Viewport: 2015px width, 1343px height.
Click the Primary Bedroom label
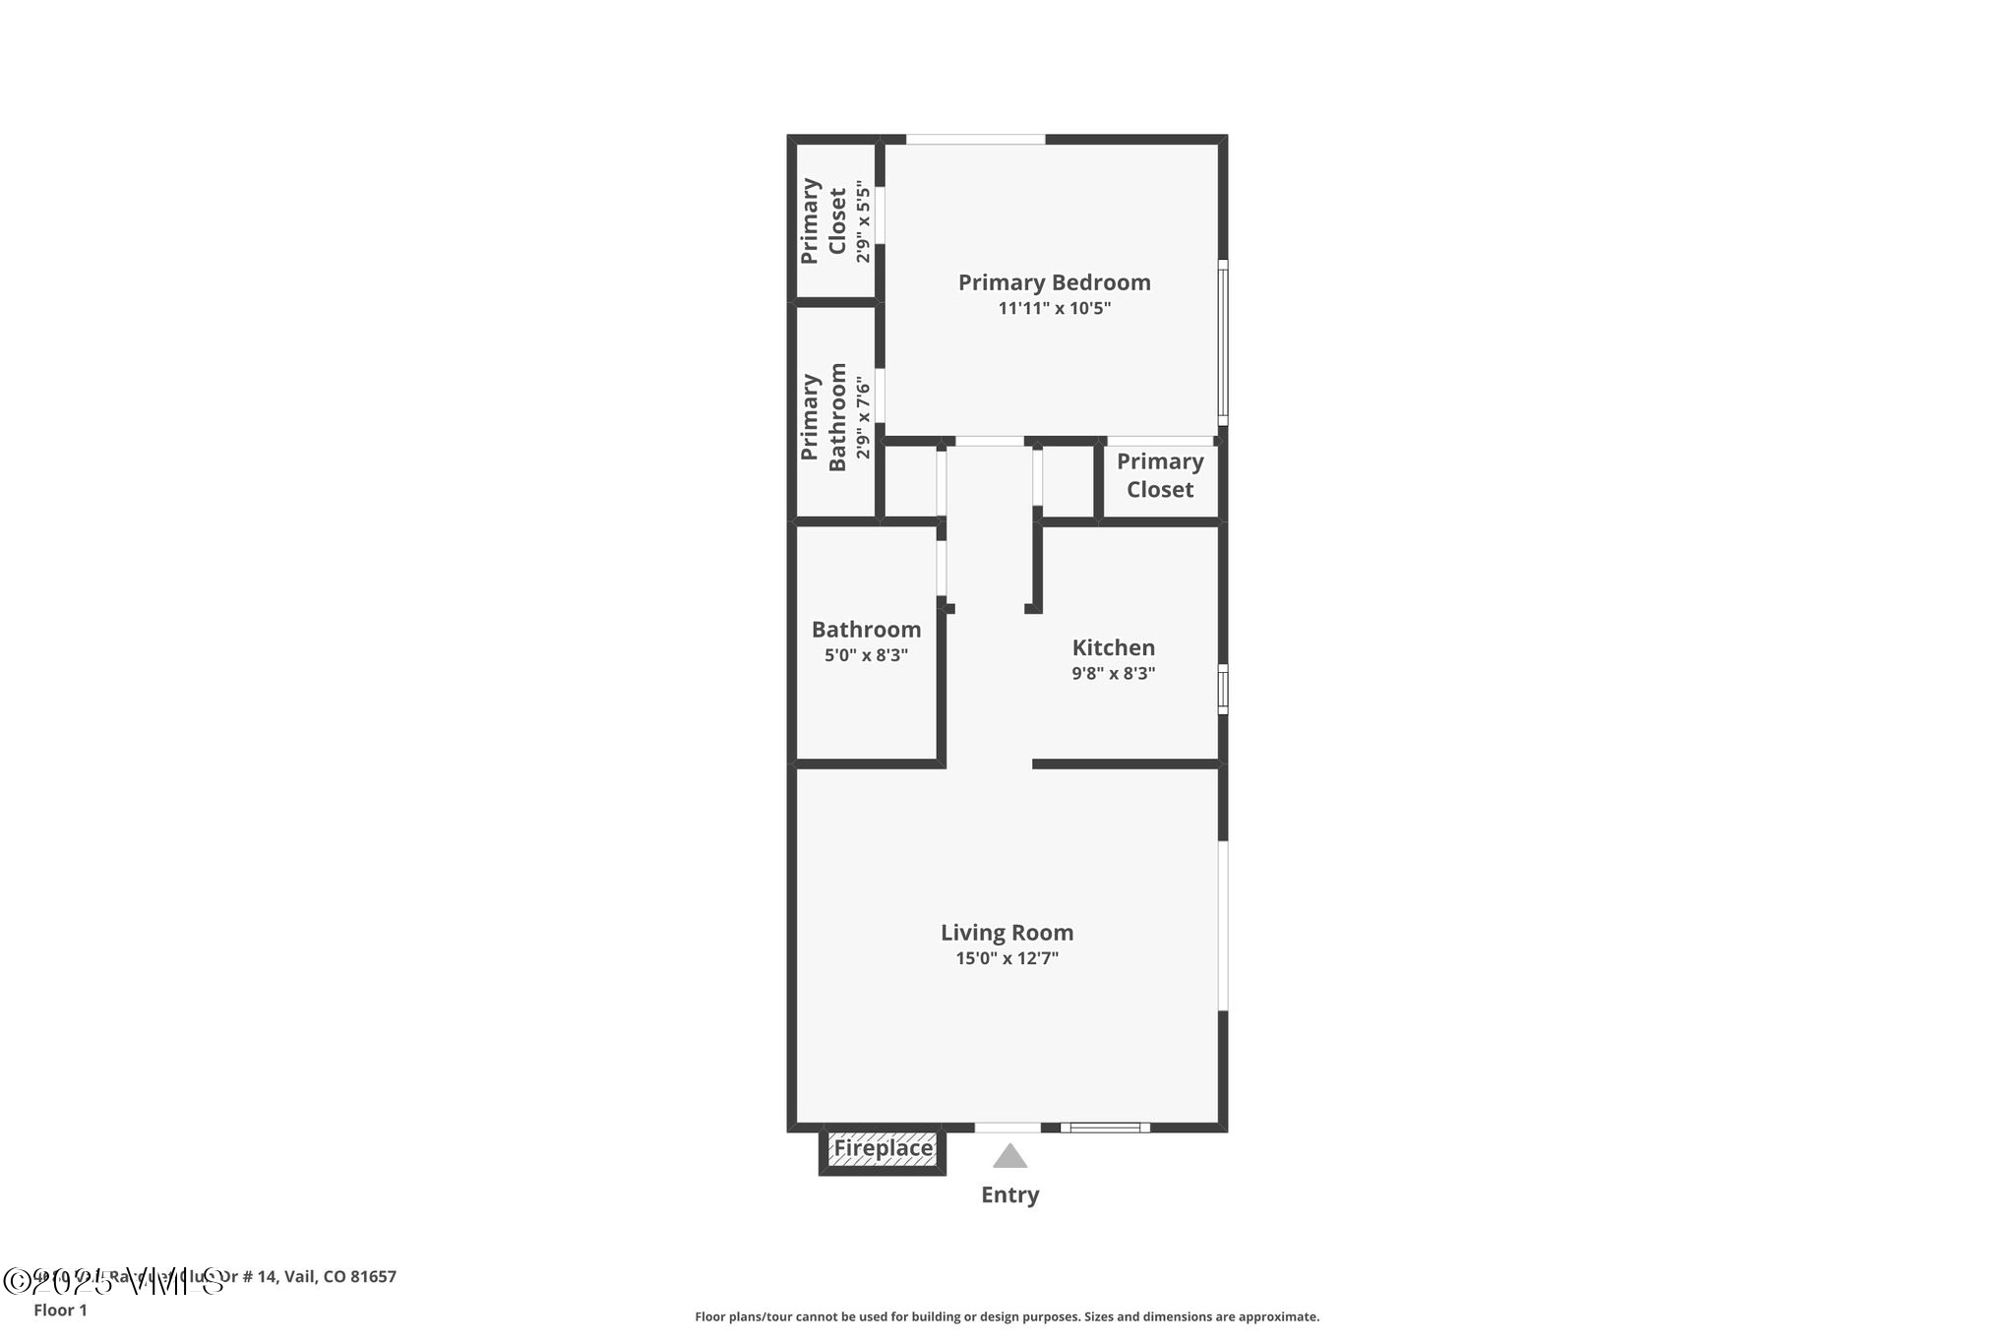pyautogui.click(x=1054, y=282)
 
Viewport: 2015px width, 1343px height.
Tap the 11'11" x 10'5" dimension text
pyautogui.click(x=1054, y=308)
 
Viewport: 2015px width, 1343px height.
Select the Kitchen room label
pyautogui.click(x=1113, y=647)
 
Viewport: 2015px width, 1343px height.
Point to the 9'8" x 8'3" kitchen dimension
pyautogui.click(x=1113, y=674)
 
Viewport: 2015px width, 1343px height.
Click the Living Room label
pyautogui.click(x=1007, y=932)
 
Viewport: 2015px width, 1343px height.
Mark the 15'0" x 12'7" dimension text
pyautogui.click(x=1007, y=958)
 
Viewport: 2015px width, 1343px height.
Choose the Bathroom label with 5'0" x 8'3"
pyautogui.click(x=866, y=630)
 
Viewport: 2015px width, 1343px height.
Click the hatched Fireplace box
pyautogui.click(x=883, y=1149)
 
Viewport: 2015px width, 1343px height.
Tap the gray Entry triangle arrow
pyautogui.click(x=1009, y=1156)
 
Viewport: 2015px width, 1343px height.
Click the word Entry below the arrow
pyautogui.click(x=1009, y=1194)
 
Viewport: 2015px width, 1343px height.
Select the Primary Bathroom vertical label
pyautogui.click(x=824, y=417)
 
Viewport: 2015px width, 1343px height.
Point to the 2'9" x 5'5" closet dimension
pyautogui.click(x=863, y=221)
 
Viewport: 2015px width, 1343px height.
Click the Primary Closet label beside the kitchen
pyautogui.click(x=1160, y=475)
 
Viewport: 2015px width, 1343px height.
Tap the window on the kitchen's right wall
pyautogui.click(x=1223, y=689)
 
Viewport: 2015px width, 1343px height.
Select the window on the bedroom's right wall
pyautogui.click(x=1223, y=342)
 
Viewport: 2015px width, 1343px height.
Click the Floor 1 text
pyautogui.click(x=60, y=1310)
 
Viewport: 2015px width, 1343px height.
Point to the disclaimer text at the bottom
pyautogui.click(x=1007, y=1316)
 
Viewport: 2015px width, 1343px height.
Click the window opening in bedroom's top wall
pyautogui.click(x=975, y=140)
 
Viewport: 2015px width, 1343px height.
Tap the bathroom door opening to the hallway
pyautogui.click(x=942, y=568)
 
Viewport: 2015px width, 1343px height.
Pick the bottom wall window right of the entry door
pyautogui.click(x=1105, y=1128)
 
